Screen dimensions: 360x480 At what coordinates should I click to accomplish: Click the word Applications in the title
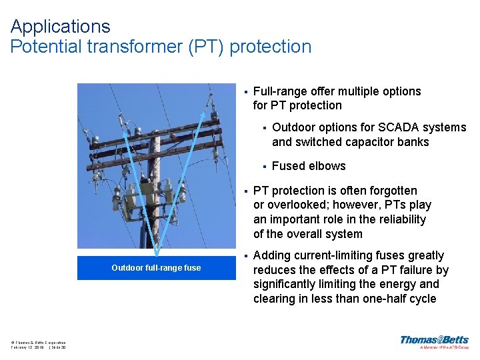click(x=60, y=27)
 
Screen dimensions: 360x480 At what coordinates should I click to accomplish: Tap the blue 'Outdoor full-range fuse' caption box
click(x=155, y=268)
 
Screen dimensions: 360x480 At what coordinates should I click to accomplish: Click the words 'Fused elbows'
click(x=309, y=166)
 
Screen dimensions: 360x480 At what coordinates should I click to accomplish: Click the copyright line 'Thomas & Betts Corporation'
click(x=38, y=342)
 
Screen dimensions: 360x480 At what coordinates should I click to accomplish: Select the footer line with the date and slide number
click(x=38, y=347)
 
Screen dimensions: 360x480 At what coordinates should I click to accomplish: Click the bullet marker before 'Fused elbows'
click(x=265, y=166)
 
